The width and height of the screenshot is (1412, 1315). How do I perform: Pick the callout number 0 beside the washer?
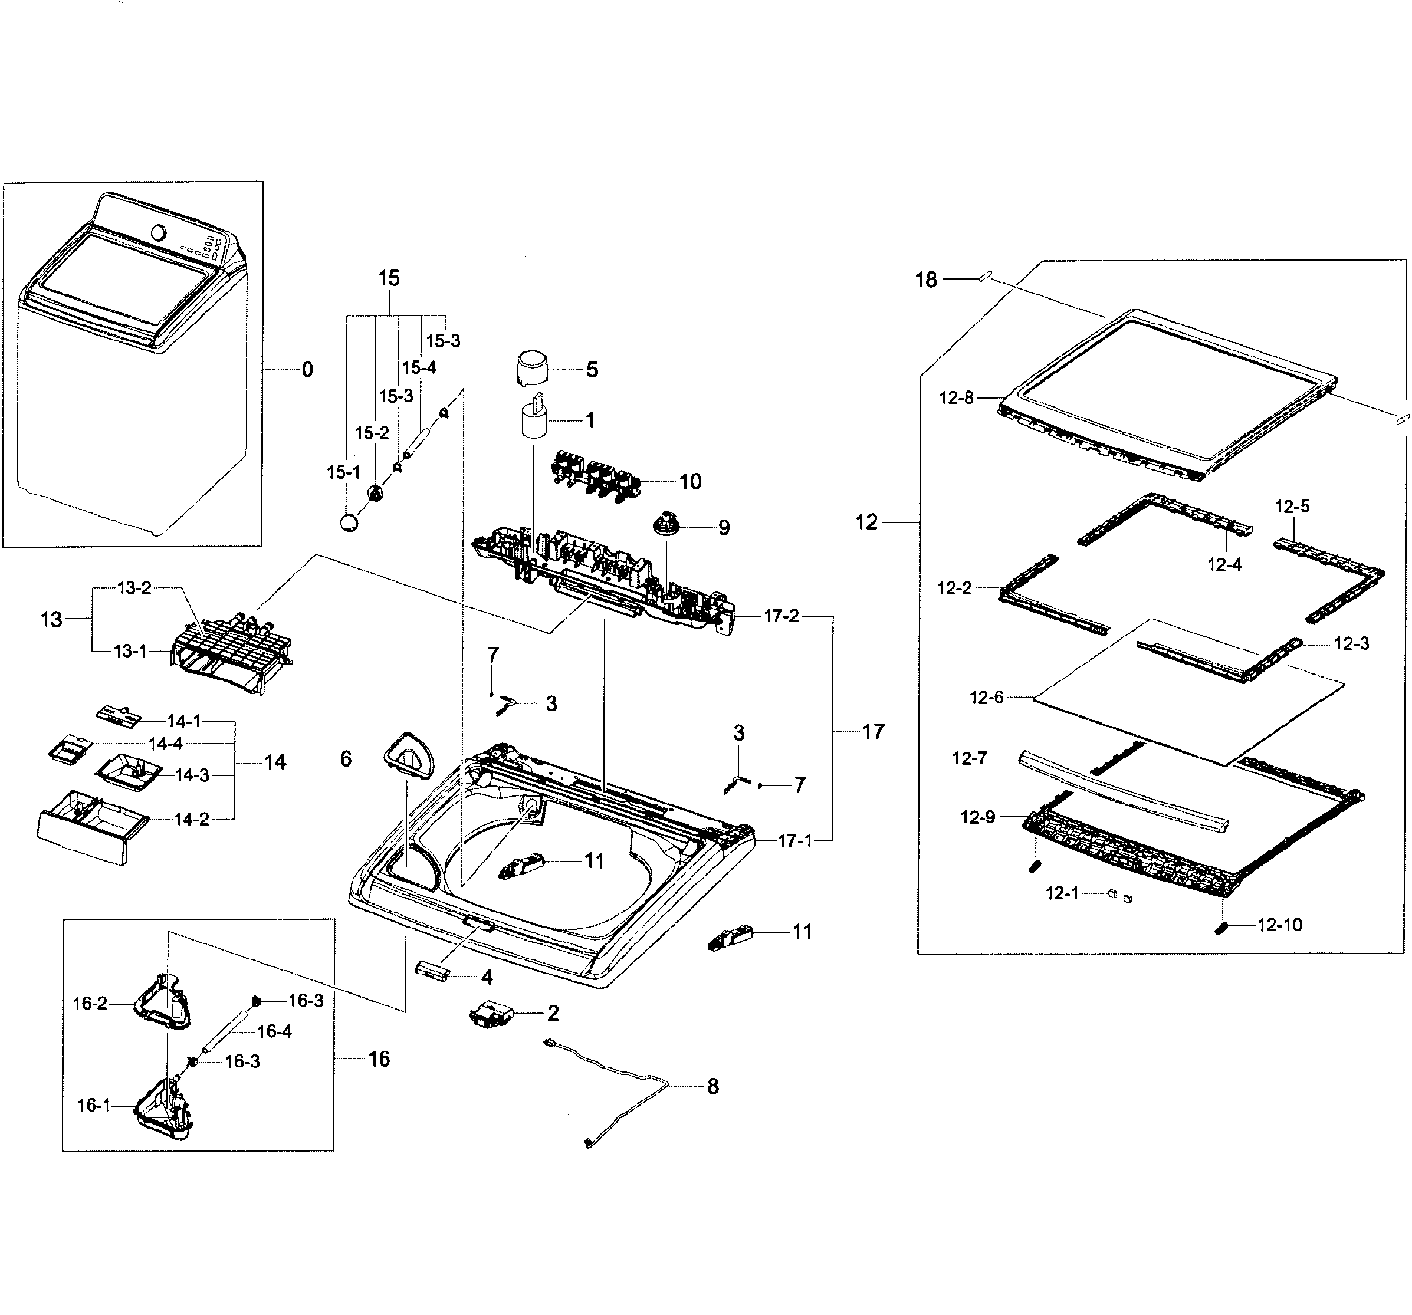point(307,370)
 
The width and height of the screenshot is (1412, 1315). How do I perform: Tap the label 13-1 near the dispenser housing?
point(130,651)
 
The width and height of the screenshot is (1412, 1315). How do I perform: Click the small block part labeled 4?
point(432,971)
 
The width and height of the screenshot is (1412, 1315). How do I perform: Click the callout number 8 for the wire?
point(712,1086)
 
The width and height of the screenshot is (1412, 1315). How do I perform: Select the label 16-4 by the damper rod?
point(274,1031)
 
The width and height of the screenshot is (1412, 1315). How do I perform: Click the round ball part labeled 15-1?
point(349,522)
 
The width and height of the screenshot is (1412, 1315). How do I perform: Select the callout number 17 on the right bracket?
point(873,731)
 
